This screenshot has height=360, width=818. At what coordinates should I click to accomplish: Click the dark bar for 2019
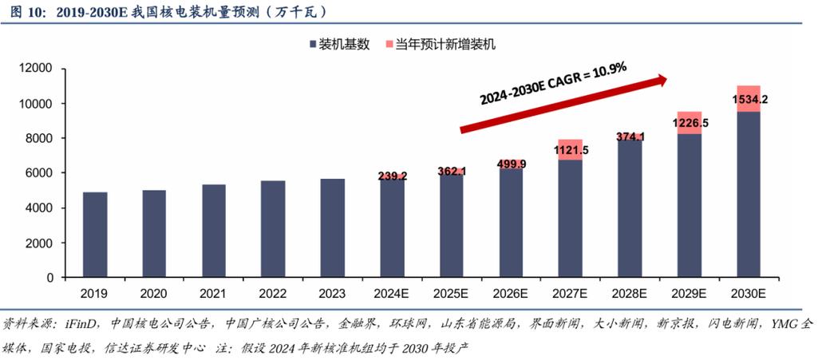[95, 235]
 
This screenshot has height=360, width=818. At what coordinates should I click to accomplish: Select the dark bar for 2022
[274, 229]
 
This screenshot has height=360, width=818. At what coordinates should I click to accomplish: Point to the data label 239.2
[392, 176]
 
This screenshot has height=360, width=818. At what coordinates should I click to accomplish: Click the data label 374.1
[630, 136]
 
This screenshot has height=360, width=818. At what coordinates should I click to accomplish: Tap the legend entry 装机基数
[344, 45]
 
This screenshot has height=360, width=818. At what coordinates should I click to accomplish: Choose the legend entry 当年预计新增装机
[445, 45]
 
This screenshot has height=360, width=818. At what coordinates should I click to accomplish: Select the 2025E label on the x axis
[452, 294]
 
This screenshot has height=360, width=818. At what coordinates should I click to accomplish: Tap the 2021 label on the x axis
[214, 294]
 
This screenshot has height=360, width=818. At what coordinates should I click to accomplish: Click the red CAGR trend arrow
[563, 103]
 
